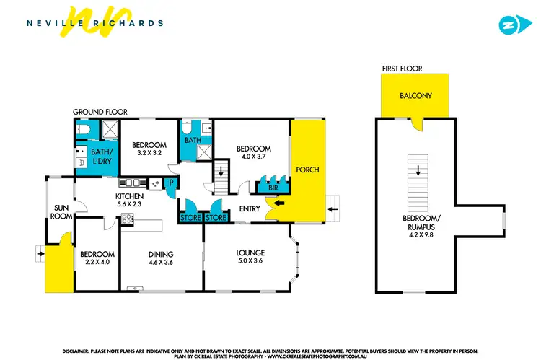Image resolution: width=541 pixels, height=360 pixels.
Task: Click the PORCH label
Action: [307, 170]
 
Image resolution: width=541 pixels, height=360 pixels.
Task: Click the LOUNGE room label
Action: [250, 253]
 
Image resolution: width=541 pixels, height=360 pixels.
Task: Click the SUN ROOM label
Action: [61, 212]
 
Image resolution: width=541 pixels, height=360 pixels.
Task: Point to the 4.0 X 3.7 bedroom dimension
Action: [253, 157]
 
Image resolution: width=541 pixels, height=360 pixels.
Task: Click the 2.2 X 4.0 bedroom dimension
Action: [97, 263]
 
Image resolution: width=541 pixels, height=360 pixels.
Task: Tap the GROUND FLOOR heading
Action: [100, 113]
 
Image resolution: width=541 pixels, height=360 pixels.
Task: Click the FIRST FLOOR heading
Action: [402, 69]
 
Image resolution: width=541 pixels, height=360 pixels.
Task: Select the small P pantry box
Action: [171, 183]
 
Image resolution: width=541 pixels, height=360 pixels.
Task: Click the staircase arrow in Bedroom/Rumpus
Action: [417, 171]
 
